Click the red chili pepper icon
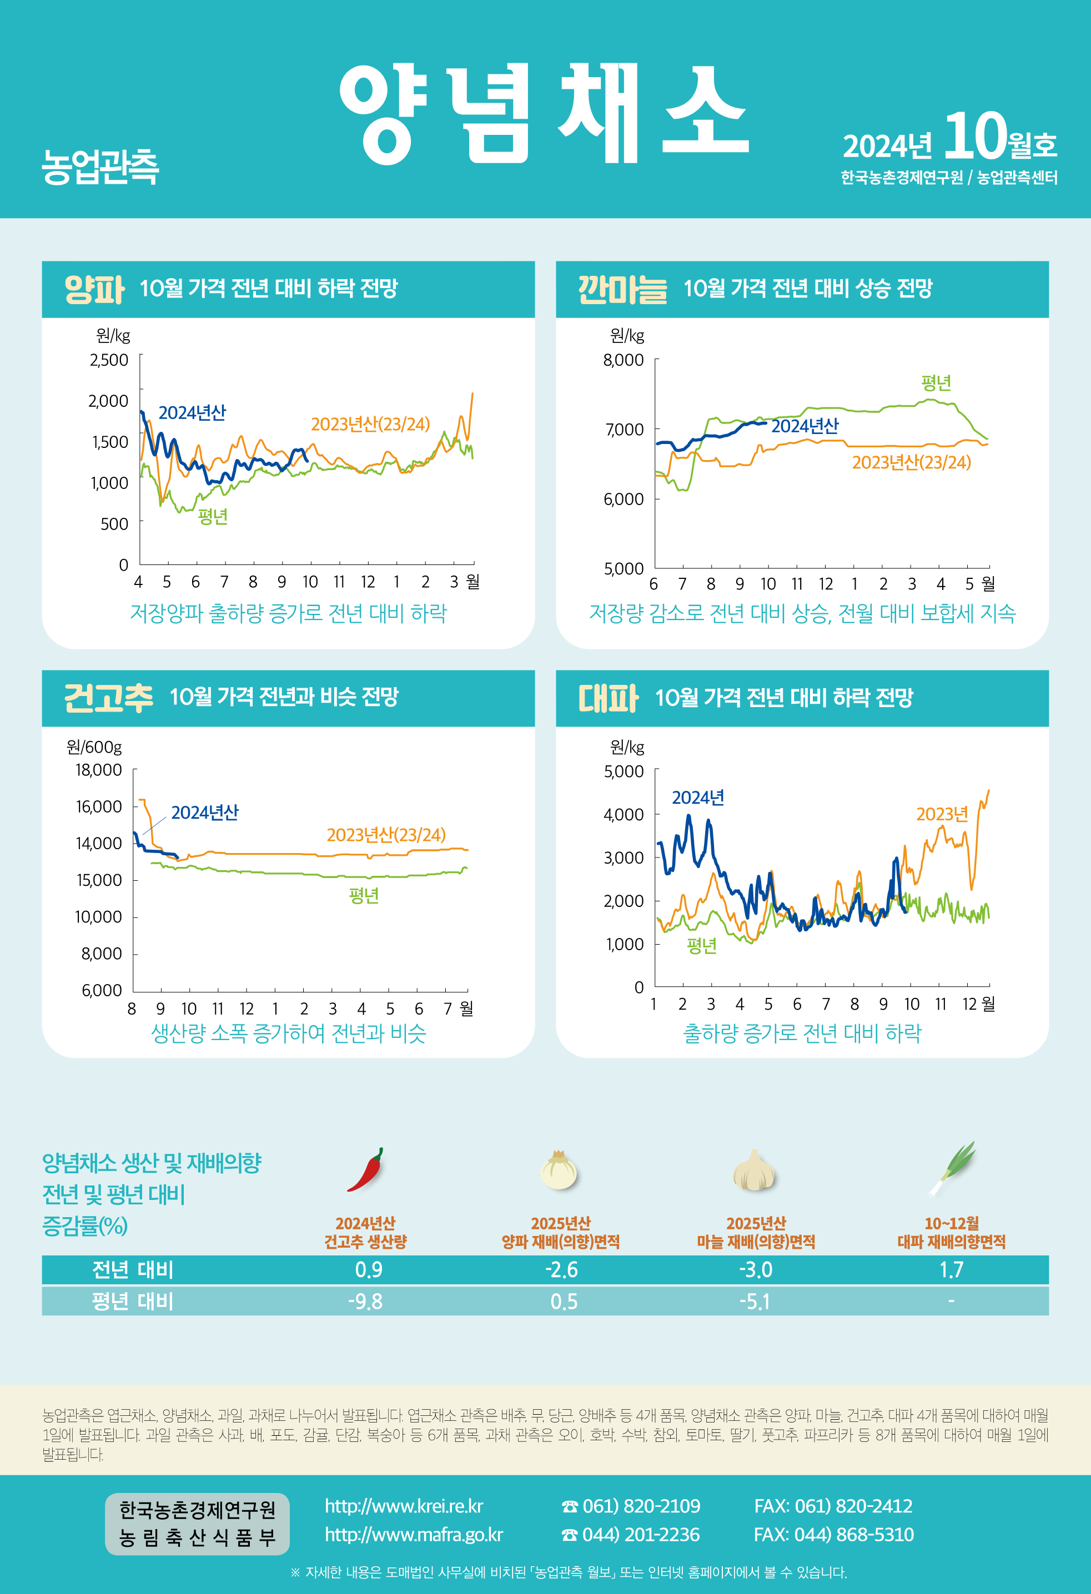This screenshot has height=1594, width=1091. click(x=365, y=1170)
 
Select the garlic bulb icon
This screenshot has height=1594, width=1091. click(x=754, y=1172)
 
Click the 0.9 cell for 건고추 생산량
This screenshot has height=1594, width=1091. click(x=369, y=1269)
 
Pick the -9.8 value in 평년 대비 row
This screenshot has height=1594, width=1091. click(x=365, y=1301)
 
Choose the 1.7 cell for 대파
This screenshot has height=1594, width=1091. click(x=951, y=1269)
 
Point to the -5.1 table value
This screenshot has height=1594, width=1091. click(x=754, y=1301)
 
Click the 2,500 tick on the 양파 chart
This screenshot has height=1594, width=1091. click(x=109, y=360)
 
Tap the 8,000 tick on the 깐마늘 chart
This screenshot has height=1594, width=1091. click(x=623, y=360)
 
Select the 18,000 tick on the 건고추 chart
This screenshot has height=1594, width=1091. click(x=99, y=770)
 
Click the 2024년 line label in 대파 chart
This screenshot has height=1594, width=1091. click(x=698, y=798)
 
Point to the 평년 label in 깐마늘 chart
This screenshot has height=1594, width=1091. click(x=936, y=383)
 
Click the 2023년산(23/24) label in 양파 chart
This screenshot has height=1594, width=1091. click(x=370, y=425)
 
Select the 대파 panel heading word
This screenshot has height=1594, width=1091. click(x=608, y=698)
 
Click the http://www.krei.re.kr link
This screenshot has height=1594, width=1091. click(x=404, y=1506)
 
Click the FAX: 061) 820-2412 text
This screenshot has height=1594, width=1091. click(x=833, y=1506)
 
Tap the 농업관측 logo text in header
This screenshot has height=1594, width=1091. click(x=100, y=167)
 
